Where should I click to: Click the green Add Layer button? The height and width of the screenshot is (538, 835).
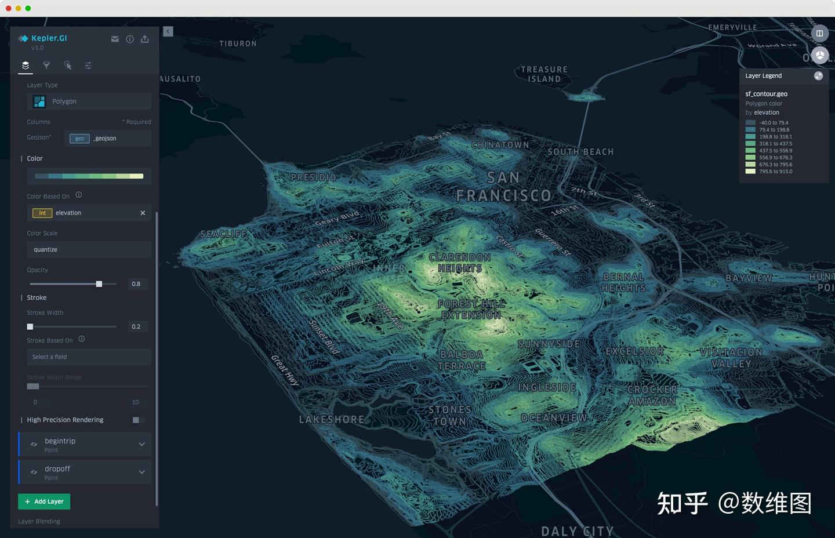(44, 501)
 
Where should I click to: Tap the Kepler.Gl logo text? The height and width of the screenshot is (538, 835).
(49, 38)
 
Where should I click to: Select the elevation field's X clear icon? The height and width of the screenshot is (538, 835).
(143, 213)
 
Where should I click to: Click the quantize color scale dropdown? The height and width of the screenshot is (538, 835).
(89, 250)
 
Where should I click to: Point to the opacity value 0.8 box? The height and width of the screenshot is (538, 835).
(136, 284)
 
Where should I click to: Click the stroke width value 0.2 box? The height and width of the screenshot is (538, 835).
(136, 327)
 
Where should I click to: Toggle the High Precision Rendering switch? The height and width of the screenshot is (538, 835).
(138, 420)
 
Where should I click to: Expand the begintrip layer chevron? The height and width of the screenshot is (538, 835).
(141, 444)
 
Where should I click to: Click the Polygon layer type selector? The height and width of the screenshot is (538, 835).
(89, 101)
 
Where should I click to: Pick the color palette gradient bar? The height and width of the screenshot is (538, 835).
(89, 176)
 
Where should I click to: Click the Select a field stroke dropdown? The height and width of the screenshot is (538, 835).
(89, 357)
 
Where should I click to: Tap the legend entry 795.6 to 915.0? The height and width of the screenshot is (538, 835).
(775, 172)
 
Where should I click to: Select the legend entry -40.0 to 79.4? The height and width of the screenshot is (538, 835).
(774, 123)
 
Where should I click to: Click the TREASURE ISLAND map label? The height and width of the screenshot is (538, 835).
(544, 74)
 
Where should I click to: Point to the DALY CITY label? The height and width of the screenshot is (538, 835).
(576, 530)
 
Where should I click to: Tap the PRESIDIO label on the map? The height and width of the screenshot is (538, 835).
(313, 177)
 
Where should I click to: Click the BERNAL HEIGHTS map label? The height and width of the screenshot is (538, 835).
(623, 282)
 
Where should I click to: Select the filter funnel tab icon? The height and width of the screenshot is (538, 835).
(46, 66)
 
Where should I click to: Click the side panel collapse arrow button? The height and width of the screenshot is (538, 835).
(168, 32)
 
